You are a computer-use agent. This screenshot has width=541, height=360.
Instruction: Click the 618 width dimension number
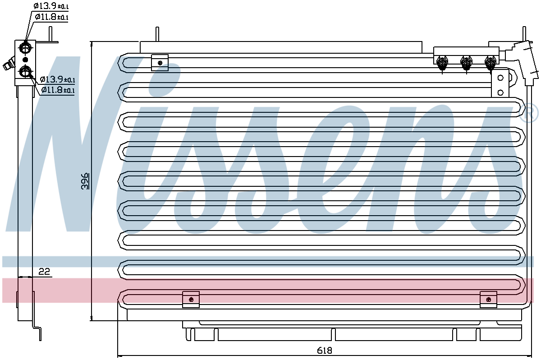click(324, 351)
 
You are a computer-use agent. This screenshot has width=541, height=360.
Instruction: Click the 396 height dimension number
click(85, 181)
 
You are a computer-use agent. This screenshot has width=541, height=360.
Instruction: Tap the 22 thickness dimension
click(44, 272)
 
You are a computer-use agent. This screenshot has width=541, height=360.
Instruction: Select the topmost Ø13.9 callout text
click(51, 6)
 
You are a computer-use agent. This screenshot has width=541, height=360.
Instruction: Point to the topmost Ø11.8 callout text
click(52, 17)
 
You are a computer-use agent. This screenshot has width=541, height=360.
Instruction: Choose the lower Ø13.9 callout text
click(58, 79)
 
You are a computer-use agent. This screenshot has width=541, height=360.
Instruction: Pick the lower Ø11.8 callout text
click(58, 90)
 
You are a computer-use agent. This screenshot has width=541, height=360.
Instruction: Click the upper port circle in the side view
click(25, 47)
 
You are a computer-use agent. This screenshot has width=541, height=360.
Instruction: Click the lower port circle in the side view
click(25, 72)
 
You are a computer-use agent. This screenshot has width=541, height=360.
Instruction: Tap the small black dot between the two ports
click(25, 60)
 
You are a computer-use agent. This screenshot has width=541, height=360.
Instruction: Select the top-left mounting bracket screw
click(160, 63)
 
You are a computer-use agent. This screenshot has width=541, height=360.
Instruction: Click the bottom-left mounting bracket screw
click(191, 300)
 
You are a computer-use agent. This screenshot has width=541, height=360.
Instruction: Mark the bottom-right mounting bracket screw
click(489, 300)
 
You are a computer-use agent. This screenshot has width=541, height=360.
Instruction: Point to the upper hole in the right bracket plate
click(500, 78)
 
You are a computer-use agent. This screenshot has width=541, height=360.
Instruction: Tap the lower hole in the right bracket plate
click(500, 92)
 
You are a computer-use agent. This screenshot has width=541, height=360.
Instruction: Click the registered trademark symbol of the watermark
click(529, 113)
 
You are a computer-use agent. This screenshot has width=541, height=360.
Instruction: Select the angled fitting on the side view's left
click(9, 64)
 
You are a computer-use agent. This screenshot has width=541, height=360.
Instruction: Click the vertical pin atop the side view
click(50, 34)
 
